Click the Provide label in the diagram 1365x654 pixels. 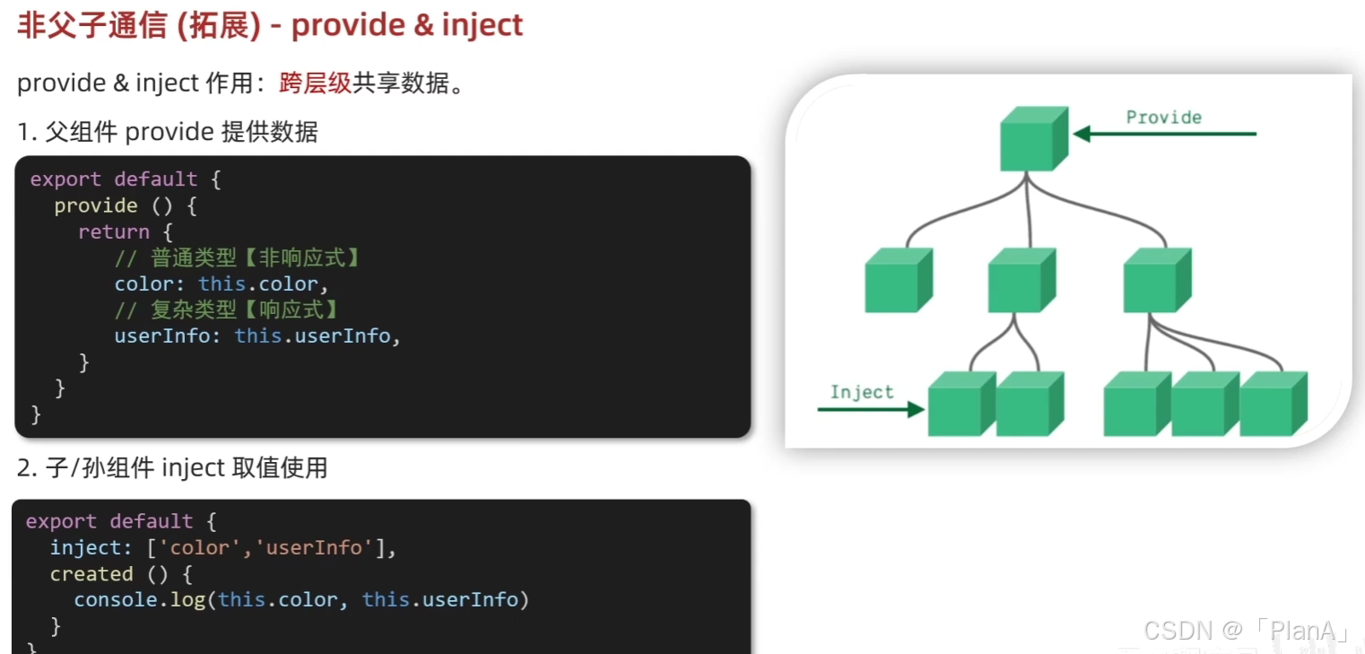pyautogui.click(x=1163, y=118)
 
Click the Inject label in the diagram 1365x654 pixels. pyautogui.click(x=861, y=392)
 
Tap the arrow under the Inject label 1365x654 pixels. pyautogui.click(x=870, y=410)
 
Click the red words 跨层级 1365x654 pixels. pyautogui.click(x=315, y=83)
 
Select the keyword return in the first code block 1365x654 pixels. pyautogui.click(x=113, y=231)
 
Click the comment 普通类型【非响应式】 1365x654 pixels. pyautogui.click(x=239, y=258)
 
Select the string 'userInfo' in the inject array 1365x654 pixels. pyautogui.click(x=313, y=548)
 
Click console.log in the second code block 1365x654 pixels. pyautogui.click(x=139, y=600)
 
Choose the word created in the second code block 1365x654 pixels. pyautogui.click(x=91, y=574)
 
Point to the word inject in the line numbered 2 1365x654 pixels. pyautogui.click(x=193, y=467)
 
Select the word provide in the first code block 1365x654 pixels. pyautogui.click(x=95, y=205)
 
